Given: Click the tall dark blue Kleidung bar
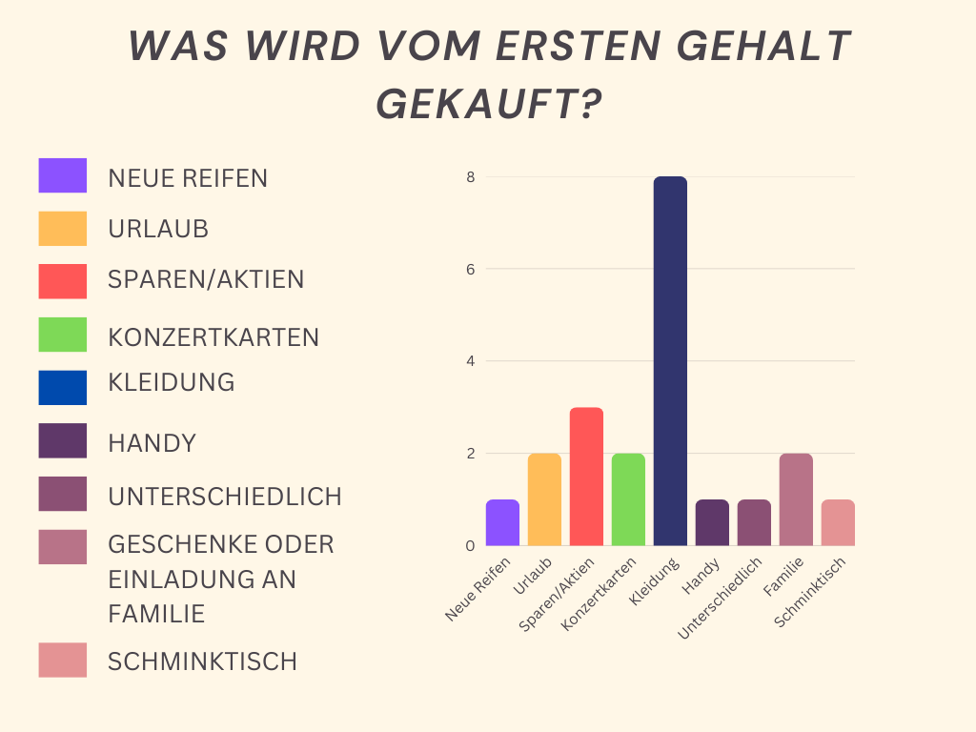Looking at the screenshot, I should point(670,361).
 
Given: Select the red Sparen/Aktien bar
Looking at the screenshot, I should point(586,477).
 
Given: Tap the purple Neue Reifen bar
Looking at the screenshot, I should point(502,522).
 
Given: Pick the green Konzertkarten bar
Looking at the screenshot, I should point(628,499).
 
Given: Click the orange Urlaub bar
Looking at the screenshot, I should point(544,499).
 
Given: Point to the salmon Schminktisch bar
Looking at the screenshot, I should point(838,522).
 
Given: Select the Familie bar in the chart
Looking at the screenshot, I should point(796,499).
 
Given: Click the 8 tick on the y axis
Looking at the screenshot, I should point(470,177).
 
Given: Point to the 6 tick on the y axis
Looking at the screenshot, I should point(470,269).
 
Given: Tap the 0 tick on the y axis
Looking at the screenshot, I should point(470,546).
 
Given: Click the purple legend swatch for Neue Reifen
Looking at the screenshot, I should point(63,175).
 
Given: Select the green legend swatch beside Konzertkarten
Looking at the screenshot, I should point(63,335).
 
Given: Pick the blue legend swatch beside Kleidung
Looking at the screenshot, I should point(63,387).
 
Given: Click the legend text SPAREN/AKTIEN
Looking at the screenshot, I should point(206,280).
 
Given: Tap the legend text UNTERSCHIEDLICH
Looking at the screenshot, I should point(225,497).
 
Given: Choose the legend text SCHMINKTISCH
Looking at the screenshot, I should point(202,661).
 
